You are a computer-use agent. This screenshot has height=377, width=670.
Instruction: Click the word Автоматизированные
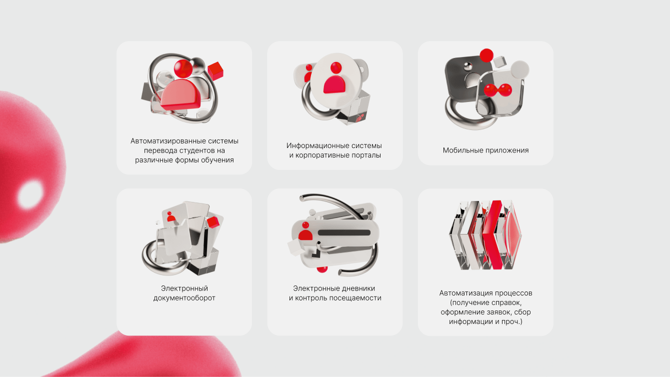pos(166,141)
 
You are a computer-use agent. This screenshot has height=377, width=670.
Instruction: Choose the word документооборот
pos(184,298)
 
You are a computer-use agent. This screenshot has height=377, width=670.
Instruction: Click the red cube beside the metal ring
pos(215,70)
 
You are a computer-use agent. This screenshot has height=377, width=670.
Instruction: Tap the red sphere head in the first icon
pos(183,68)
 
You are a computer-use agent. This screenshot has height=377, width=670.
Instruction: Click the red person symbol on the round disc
pos(334,78)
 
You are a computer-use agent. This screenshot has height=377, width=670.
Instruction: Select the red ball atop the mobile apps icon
pos(486,55)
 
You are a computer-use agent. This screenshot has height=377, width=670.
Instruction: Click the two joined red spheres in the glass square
pos(498,90)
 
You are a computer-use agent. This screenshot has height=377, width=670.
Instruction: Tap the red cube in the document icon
pos(213,222)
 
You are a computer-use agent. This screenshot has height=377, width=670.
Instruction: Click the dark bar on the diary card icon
pos(344,233)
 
